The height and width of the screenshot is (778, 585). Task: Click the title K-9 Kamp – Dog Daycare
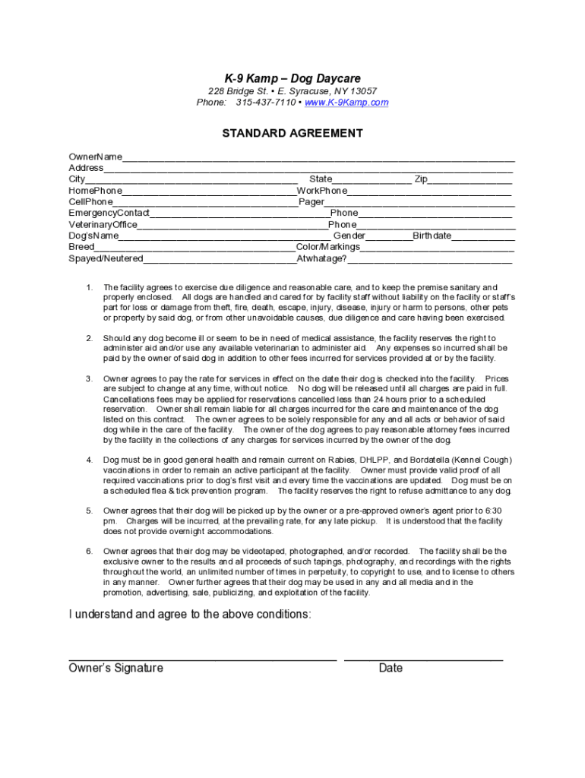[x=292, y=79]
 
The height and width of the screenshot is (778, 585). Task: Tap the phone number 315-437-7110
[x=265, y=103]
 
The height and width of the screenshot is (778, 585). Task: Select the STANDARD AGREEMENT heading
[x=292, y=134]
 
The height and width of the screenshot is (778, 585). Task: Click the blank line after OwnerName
[x=319, y=160]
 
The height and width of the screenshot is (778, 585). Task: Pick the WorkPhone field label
[x=322, y=191]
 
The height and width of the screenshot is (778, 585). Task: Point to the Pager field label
[x=311, y=202]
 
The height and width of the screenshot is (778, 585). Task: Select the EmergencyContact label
[x=109, y=213]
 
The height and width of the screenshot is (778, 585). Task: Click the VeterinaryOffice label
[x=103, y=225]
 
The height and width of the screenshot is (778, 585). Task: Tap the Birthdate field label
[x=432, y=236]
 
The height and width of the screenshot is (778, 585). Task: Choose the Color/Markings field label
[x=327, y=248]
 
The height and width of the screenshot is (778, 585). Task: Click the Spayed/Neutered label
[x=106, y=259]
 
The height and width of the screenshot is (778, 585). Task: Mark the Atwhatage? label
[x=321, y=259]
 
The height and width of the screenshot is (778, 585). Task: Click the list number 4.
[x=89, y=460]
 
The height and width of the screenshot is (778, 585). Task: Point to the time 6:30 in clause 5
[x=492, y=511]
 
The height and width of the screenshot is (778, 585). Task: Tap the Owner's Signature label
[x=115, y=668]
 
